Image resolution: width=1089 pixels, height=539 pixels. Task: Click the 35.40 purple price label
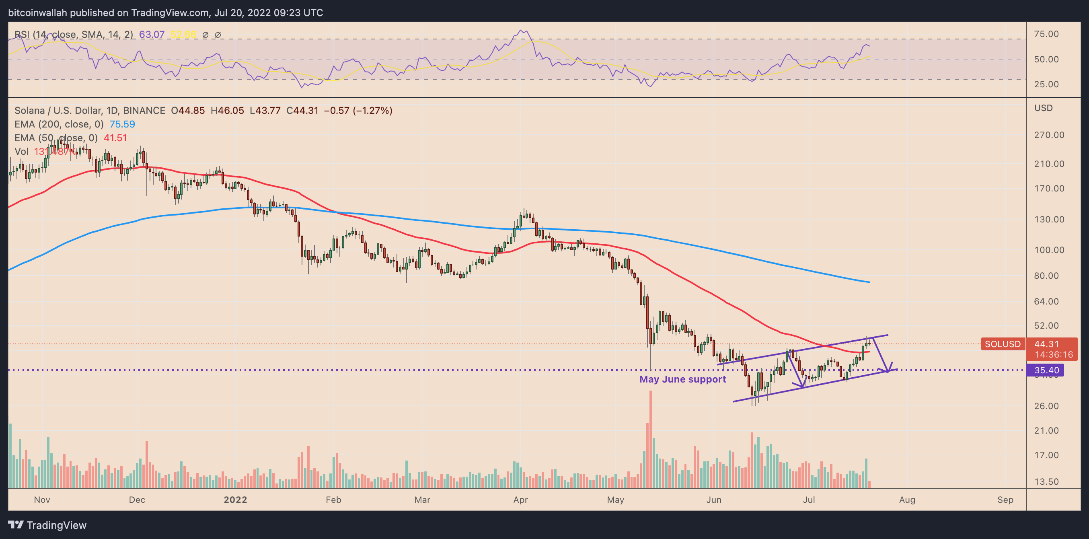(x=1046, y=370)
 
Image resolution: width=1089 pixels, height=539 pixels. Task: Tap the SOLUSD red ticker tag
(x=1002, y=344)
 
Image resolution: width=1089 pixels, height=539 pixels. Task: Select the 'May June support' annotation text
(x=682, y=379)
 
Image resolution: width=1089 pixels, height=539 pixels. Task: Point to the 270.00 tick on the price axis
(x=1049, y=135)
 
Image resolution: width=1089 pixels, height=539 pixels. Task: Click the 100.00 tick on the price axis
(x=1049, y=250)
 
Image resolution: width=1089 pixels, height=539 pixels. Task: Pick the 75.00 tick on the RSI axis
(x=1046, y=34)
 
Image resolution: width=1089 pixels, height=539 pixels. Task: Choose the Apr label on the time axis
(x=520, y=500)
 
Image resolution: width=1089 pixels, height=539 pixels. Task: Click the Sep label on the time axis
(x=1005, y=500)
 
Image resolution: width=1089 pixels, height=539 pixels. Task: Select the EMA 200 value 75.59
(x=122, y=124)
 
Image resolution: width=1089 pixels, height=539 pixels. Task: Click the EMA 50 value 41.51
(x=115, y=138)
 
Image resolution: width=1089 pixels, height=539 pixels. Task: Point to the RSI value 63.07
(x=152, y=35)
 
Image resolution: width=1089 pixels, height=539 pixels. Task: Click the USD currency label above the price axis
(x=1043, y=108)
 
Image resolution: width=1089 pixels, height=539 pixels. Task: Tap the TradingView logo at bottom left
(x=47, y=525)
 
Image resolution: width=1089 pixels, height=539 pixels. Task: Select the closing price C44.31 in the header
(x=302, y=111)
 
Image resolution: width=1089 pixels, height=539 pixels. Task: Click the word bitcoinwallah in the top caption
(x=38, y=13)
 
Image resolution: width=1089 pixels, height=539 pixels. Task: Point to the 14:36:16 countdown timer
(x=1054, y=355)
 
